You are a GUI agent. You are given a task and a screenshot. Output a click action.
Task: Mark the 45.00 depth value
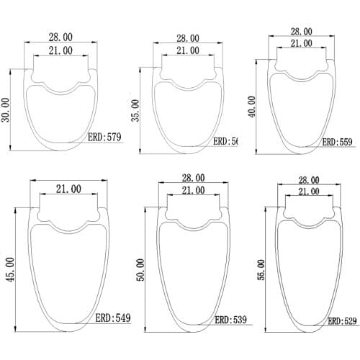[x=9, y=271]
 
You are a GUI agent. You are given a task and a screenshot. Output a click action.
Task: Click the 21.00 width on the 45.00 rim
[x=67, y=189]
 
